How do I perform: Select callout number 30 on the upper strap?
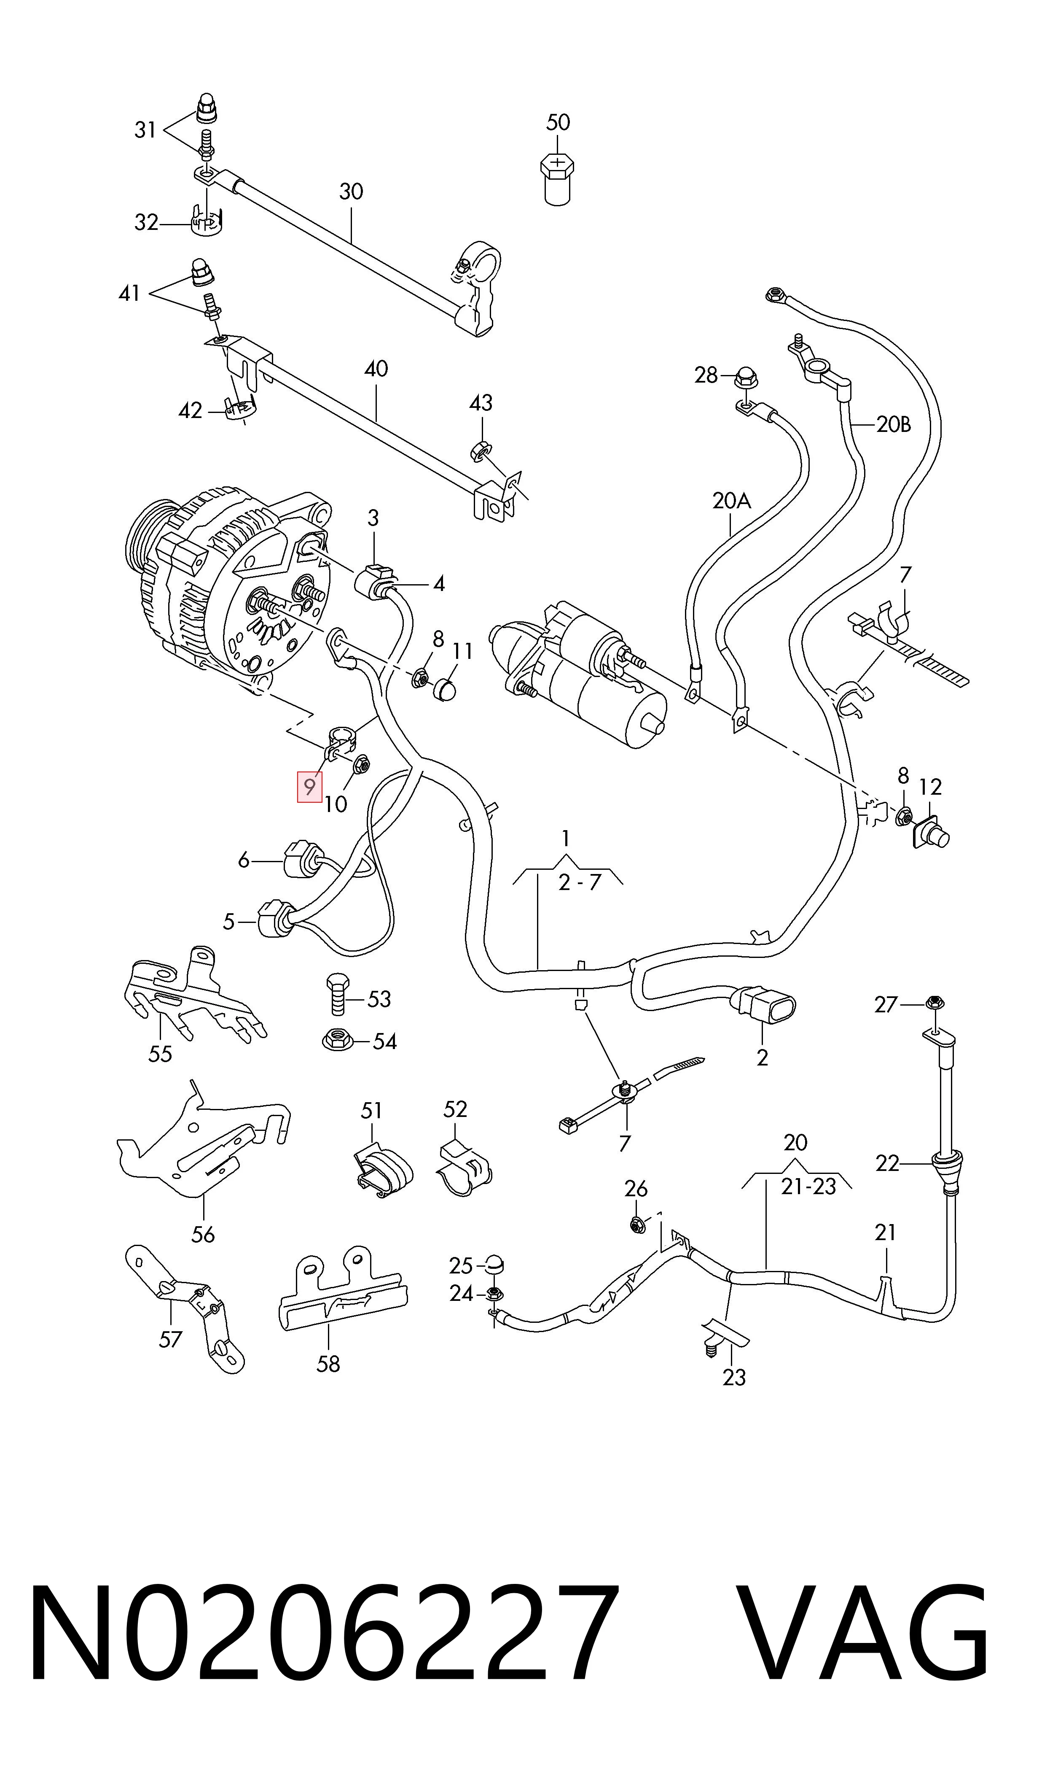(x=351, y=192)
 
